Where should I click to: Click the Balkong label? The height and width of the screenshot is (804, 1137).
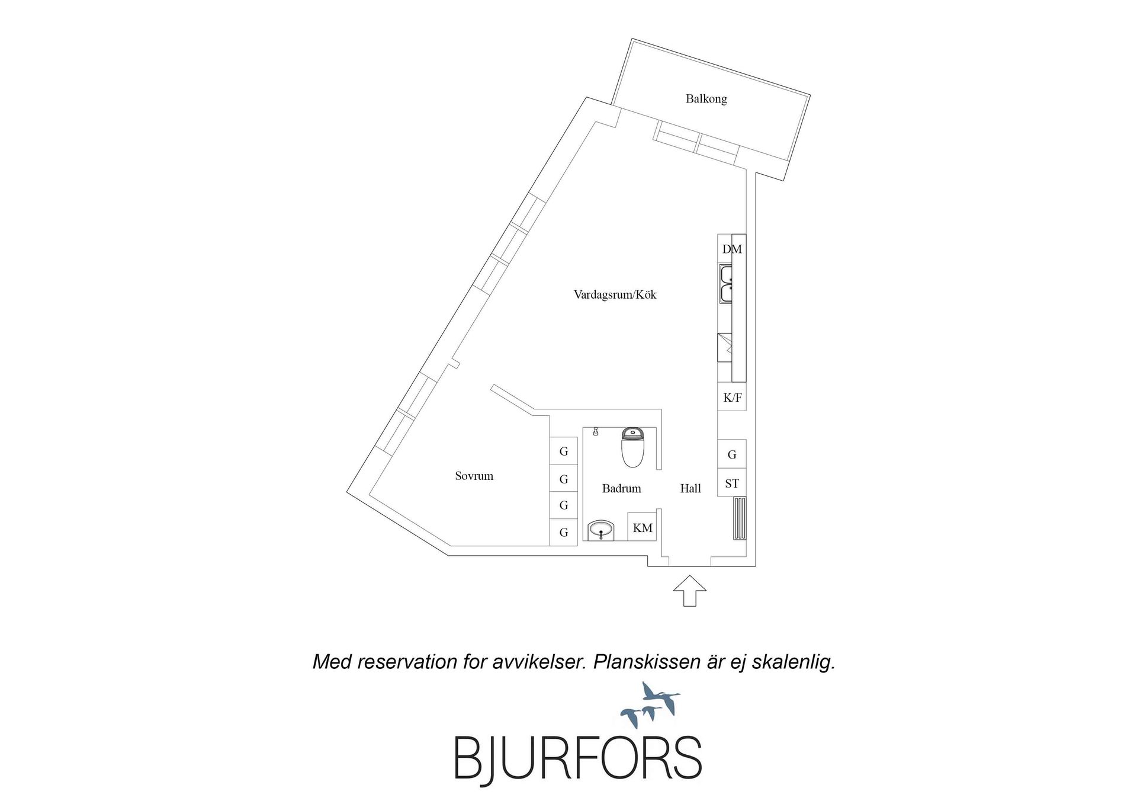click(x=706, y=99)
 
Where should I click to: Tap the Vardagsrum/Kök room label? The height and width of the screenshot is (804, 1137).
click(x=615, y=294)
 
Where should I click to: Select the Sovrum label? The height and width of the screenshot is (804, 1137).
click(x=474, y=476)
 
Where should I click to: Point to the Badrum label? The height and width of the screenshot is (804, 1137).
click(x=621, y=489)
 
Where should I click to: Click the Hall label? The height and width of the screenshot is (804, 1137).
click(x=690, y=489)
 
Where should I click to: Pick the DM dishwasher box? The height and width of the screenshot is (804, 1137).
click(x=732, y=249)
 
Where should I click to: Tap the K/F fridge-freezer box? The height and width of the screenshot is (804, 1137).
click(x=732, y=397)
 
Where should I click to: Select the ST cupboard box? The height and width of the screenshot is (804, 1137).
click(x=732, y=483)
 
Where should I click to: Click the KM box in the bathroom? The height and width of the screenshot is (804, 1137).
click(x=643, y=527)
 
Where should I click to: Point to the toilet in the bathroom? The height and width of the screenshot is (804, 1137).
click(x=632, y=447)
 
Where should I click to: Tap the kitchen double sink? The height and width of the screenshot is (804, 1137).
click(x=726, y=284)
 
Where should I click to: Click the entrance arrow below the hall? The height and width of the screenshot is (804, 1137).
click(x=690, y=591)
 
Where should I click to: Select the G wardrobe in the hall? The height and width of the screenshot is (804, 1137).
click(x=732, y=454)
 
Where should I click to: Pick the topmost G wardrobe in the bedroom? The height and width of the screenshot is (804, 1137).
click(x=564, y=451)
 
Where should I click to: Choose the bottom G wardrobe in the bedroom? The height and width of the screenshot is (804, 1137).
click(x=564, y=532)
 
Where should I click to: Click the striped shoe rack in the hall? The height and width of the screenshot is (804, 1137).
click(x=740, y=518)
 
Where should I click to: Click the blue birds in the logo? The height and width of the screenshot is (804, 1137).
click(x=650, y=705)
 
